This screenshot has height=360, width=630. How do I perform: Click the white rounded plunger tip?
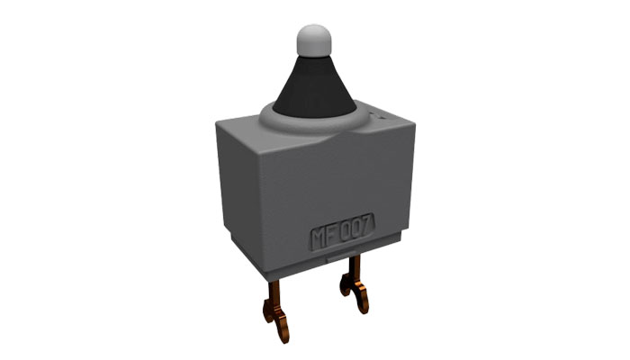click(314, 40)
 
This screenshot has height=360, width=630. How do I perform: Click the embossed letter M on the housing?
click(319, 238)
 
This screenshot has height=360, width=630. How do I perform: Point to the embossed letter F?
click(332, 236)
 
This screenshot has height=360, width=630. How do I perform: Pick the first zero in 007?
click(346, 232)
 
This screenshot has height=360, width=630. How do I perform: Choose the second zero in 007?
click(356, 229)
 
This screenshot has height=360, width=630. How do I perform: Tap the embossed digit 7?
click(367, 225)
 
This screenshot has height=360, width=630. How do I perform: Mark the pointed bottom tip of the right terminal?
click(364, 312)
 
